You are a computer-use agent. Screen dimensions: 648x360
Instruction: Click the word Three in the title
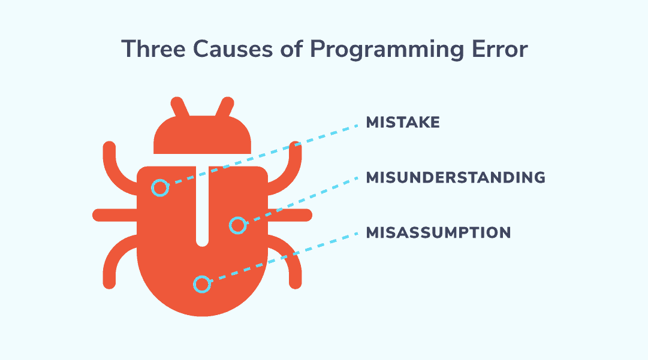point(153,49)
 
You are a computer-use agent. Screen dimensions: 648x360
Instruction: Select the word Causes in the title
point(233,49)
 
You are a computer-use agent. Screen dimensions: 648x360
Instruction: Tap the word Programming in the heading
point(387,50)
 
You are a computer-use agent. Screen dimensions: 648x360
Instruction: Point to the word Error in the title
point(500,49)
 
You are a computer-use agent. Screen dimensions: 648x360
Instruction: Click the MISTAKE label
point(403,122)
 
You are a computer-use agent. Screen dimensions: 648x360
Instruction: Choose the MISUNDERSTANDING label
point(456,177)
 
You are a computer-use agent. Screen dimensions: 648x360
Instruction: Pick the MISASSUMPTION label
point(438,232)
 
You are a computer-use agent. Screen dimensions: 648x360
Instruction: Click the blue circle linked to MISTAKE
point(160,188)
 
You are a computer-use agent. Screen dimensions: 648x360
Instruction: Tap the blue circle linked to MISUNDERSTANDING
point(237,225)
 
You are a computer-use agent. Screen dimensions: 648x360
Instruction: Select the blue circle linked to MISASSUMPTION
point(202,284)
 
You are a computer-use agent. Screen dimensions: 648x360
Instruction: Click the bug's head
point(202,135)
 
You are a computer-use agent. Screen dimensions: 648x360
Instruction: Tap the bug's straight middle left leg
point(114,215)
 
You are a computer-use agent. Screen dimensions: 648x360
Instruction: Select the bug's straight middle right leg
point(290,215)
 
